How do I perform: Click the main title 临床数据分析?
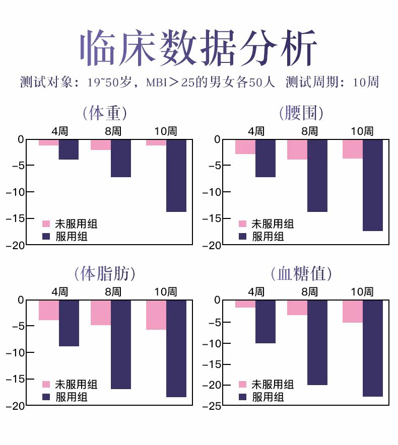tap(199, 49)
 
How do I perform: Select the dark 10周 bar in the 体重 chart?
tap(176, 175)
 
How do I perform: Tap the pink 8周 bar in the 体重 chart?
tap(101, 144)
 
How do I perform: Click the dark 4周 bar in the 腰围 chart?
tap(266, 158)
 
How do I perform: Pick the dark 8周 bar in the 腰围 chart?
tap(317, 175)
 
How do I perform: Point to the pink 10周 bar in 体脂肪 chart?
tap(156, 315)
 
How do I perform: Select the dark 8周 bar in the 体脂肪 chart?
tap(121, 344)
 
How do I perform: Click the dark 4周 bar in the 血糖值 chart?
tap(266, 322)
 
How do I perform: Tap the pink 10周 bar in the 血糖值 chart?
tap(353, 311)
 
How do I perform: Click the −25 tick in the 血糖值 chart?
tap(213, 406)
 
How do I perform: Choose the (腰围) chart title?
tap(301, 113)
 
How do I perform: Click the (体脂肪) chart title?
tap(105, 274)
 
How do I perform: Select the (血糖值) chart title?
tap(301, 274)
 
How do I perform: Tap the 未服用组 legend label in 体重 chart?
tap(76, 224)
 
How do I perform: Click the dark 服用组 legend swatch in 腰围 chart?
tap(243, 236)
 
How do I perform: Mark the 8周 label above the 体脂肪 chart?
tap(113, 292)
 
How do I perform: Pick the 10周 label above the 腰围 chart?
tap(362, 131)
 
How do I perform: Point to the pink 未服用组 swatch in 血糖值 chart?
tap(243, 385)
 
